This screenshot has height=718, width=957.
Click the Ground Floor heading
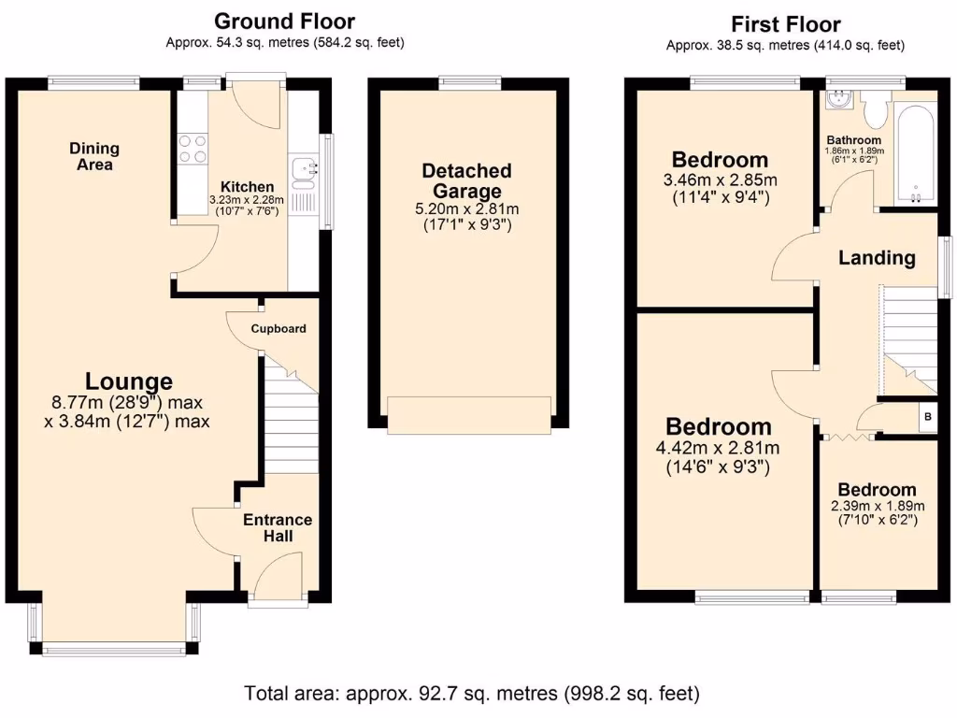click(x=284, y=21)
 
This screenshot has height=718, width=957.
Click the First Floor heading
click(x=785, y=24)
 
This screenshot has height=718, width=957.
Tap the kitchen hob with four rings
click(x=193, y=148)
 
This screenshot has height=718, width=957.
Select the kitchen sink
click(x=304, y=171)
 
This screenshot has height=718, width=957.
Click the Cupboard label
click(x=278, y=329)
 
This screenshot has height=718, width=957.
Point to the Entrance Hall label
click(x=278, y=528)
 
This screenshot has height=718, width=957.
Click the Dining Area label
click(x=94, y=156)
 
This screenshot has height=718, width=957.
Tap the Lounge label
click(x=129, y=381)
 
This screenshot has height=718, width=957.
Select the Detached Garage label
click(x=466, y=181)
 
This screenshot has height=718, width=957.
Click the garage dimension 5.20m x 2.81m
click(x=466, y=208)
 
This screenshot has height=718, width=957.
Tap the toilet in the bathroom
click(x=876, y=110)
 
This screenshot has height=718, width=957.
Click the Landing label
click(x=876, y=257)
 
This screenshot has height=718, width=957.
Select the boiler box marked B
click(x=927, y=417)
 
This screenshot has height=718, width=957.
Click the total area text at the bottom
click(x=472, y=694)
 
